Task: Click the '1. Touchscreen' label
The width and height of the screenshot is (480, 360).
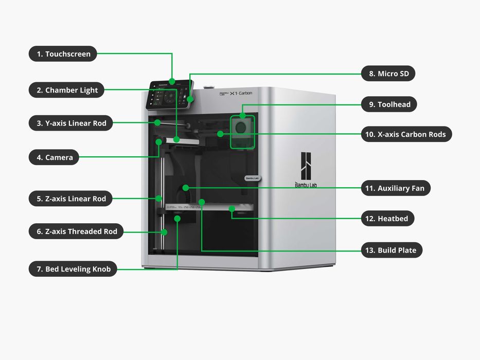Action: [63, 54]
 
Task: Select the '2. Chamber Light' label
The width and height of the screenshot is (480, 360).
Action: [67, 90]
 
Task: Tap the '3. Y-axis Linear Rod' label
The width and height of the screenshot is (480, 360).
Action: [70, 123]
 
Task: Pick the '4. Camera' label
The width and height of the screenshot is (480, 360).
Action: [54, 157]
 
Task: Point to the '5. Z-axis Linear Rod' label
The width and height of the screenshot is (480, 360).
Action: [70, 199]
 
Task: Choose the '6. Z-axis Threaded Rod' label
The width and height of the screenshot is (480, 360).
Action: [76, 231]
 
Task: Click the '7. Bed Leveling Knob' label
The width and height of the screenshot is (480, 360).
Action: [73, 269]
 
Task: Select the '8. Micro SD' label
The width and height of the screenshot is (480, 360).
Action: [388, 74]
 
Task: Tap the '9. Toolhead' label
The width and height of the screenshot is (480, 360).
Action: [388, 104]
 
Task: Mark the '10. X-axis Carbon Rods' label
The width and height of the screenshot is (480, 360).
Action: [406, 134]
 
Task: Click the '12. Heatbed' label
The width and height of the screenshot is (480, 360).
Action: [387, 219]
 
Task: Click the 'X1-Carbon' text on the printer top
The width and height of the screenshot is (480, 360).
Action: [241, 93]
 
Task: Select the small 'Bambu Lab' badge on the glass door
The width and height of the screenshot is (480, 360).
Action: [252, 178]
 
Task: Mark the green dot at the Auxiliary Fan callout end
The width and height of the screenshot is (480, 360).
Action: [185, 188]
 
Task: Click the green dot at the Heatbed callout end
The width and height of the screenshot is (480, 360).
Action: [233, 209]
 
